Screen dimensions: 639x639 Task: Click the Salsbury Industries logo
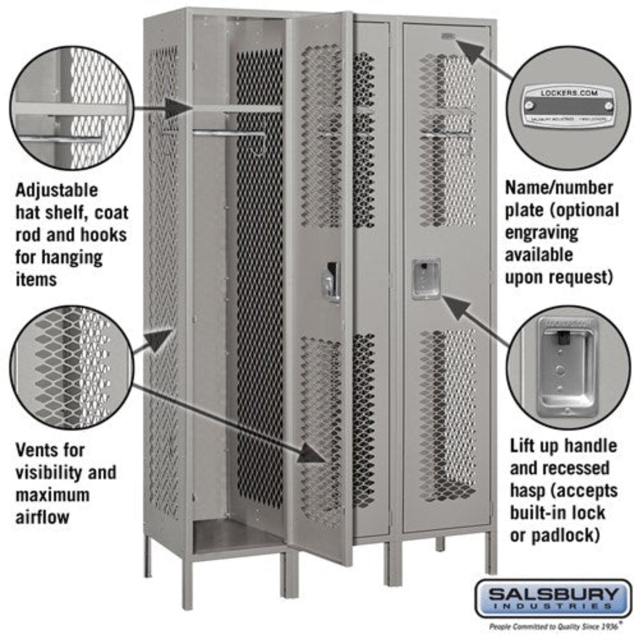553,597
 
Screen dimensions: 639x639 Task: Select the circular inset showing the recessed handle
568,368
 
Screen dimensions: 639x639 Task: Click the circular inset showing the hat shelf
72,108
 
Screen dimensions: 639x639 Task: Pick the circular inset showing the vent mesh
72,368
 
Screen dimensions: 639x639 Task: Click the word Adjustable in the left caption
57,190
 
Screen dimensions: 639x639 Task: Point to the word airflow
42,517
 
